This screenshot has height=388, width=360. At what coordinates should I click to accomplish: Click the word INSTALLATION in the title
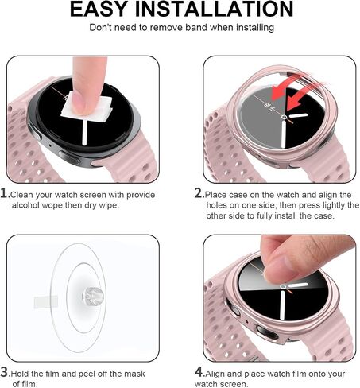point(215,9)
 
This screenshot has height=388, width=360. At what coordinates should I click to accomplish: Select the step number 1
point(4,193)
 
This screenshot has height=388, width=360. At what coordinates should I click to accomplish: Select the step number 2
point(199,193)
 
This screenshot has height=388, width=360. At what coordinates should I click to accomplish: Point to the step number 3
point(5,372)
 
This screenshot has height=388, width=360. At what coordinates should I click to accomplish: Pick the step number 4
point(199,372)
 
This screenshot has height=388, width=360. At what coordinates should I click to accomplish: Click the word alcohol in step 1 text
point(25,205)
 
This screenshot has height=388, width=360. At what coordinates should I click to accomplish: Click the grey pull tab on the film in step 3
point(46,302)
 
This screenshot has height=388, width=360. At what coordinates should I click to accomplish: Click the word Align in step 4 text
point(215,374)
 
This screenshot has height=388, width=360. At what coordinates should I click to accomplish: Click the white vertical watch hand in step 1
point(84,133)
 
